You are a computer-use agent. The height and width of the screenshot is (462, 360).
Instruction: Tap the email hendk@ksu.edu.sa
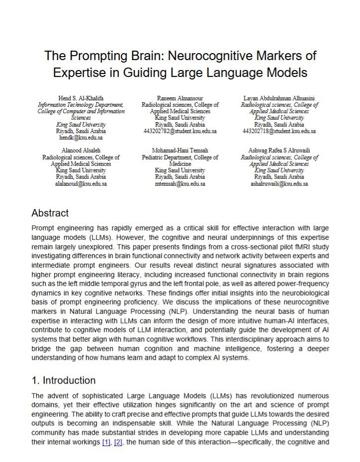[80, 137]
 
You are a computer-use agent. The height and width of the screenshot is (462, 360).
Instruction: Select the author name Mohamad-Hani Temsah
[180, 151]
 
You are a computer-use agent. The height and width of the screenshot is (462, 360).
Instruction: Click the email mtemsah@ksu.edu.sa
[180, 183]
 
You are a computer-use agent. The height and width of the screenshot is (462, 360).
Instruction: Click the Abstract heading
[50, 213]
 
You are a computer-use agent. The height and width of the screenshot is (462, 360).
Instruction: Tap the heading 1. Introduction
[63, 381]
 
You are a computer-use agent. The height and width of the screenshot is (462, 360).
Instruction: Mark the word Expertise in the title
[77, 73]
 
